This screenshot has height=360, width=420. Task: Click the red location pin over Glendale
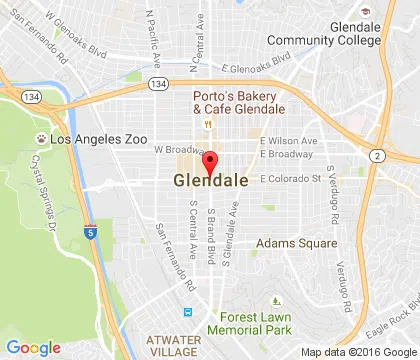click(209, 163)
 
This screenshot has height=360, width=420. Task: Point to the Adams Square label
click(291, 242)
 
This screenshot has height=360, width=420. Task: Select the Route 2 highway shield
click(377, 156)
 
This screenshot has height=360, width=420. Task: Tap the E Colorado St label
click(289, 180)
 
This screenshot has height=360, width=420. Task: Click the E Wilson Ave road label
click(288, 141)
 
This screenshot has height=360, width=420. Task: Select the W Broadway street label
click(171, 150)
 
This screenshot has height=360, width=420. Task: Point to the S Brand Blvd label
click(211, 236)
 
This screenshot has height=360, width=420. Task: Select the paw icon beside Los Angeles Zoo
click(41, 140)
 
